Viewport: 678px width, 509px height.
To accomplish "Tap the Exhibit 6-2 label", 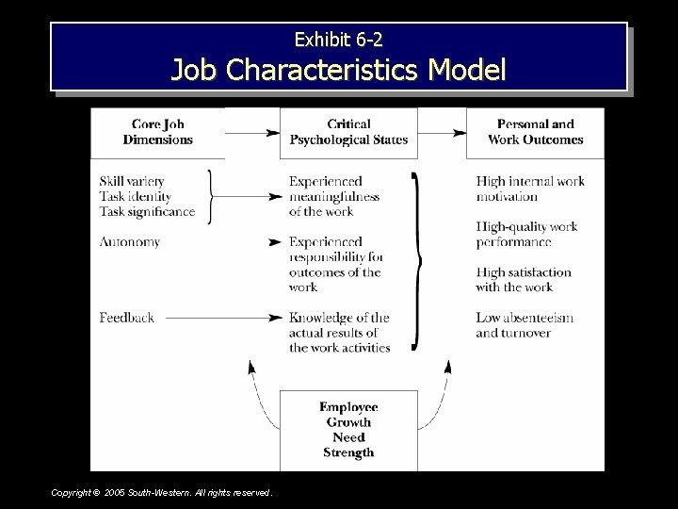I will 339,40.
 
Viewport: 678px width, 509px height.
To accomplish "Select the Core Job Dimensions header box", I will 157,132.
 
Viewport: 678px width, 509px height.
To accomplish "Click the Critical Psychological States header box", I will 348,132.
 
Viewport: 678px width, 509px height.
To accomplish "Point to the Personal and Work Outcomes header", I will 535,132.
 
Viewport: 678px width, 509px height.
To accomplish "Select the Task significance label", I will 147,211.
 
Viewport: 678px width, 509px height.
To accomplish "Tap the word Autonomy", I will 129,241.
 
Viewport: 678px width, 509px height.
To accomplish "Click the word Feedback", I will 126,318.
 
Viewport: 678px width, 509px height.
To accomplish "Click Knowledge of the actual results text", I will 339,333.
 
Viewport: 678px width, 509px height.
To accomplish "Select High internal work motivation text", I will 530,189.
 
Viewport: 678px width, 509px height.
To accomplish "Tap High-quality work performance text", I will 526,234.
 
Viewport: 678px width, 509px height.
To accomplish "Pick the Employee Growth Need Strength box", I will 348,430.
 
